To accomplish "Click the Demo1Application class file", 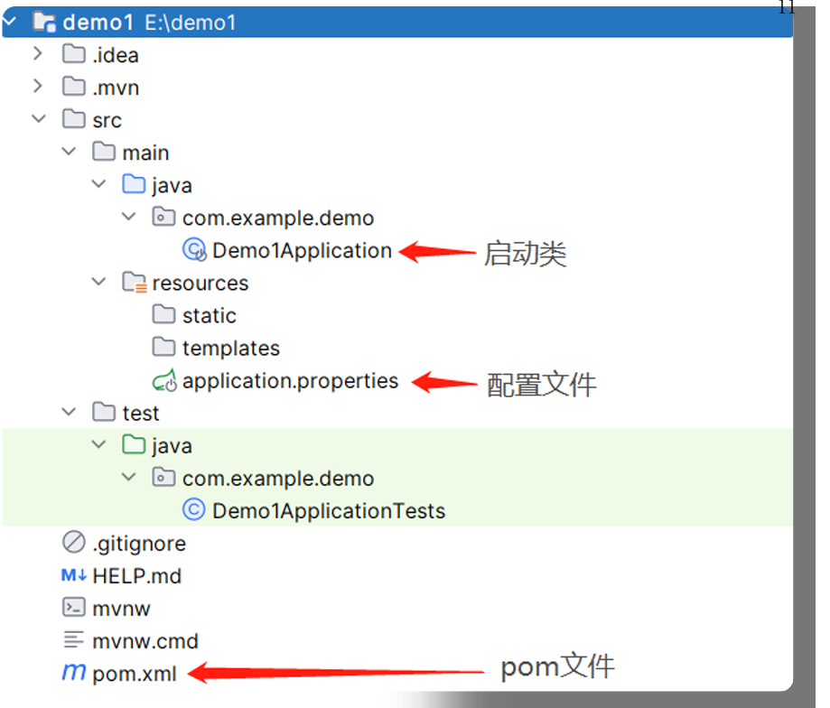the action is point(302,250).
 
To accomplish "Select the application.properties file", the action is point(289,381).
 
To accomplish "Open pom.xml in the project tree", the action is point(135,673).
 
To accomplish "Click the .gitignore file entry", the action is point(138,544).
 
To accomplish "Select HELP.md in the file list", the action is point(136,576).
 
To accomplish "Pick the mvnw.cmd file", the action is point(145,641).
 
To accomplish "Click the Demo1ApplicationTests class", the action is point(328,511).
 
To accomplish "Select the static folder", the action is point(209,316).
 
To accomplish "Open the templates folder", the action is point(230,349).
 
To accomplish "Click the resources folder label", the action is point(200,284).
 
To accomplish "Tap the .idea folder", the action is point(115,55).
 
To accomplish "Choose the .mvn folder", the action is point(115,88).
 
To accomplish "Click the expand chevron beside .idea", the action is point(37,54).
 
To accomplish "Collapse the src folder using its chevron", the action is point(37,119).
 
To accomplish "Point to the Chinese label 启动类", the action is point(525,254).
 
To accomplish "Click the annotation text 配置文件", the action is point(541,385).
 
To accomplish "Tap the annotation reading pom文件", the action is point(556,667).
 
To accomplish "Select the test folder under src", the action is point(140,414).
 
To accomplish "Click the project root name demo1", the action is point(98,23).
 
